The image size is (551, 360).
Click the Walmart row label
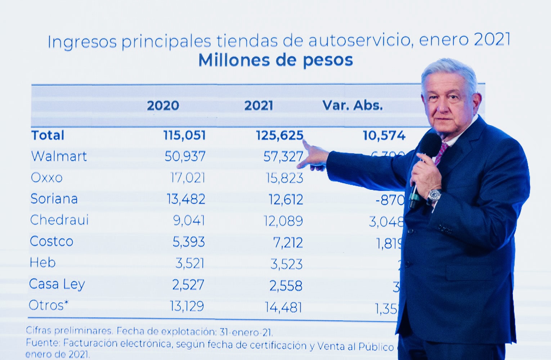[x=59, y=156]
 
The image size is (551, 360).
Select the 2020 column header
[x=163, y=105]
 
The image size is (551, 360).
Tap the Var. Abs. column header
[x=352, y=105]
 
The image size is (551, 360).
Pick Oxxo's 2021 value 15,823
[x=285, y=178]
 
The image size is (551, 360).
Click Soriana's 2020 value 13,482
[x=186, y=199]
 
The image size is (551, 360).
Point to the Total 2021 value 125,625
[x=279, y=135]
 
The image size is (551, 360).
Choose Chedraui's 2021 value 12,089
[x=283, y=221]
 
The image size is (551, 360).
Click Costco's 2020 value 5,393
[x=189, y=242]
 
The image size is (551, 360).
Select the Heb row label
[x=42, y=263]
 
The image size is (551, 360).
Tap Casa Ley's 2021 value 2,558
[x=286, y=286]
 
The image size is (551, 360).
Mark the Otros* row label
[x=48, y=305]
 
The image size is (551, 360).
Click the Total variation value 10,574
[x=384, y=136]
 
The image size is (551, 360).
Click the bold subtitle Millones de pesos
[x=275, y=60]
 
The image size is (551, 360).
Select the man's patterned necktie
[x=441, y=153]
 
